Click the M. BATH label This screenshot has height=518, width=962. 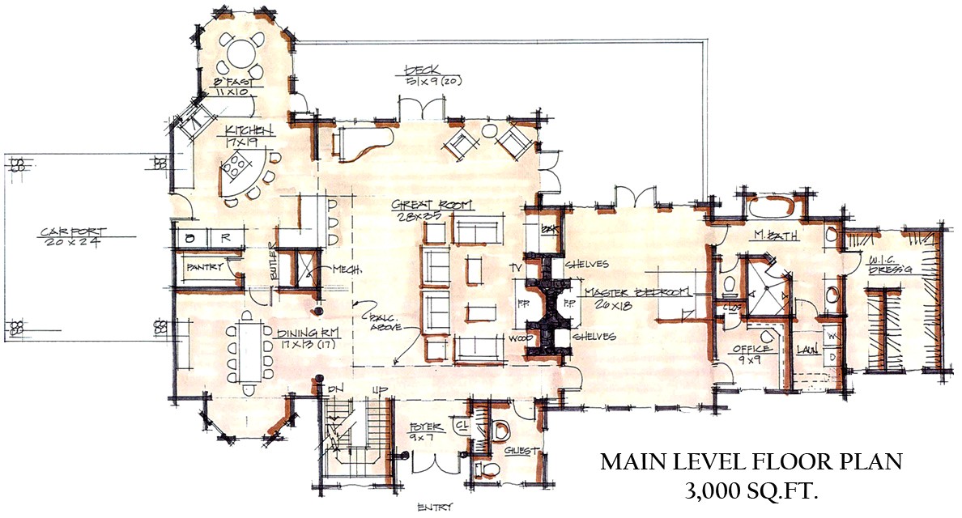[x=765, y=236]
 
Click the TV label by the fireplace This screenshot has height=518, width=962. [x=512, y=266]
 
